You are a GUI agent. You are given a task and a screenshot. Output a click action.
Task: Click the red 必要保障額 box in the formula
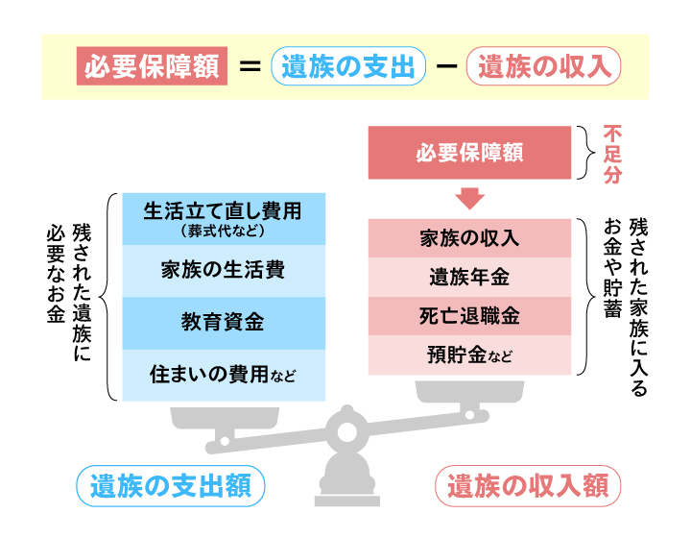pos(152,66)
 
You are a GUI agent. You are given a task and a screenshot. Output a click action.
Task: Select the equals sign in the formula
pos(250,66)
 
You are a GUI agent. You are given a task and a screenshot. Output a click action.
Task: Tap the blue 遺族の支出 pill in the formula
pos(348,66)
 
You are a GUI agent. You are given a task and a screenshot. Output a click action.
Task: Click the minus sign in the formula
pos(446,66)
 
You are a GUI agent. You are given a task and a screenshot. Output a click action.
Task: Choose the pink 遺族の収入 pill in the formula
pos(543,66)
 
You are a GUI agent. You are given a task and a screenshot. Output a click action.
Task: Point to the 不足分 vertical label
pos(612,154)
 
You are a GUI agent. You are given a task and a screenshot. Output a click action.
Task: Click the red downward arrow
pos(469,199)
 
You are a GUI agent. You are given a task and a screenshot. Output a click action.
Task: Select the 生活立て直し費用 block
pos(224,219)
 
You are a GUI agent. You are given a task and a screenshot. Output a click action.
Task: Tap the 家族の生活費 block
pos(224,271)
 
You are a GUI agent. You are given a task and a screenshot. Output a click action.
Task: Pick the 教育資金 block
pos(224,323)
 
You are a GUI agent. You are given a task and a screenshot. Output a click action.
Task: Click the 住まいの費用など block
pos(224,376)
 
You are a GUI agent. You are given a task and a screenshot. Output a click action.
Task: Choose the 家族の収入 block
pos(469,238)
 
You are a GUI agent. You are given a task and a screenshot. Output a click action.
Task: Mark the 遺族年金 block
pos(469,277)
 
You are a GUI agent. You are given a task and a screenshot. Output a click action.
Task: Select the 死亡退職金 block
pos(469,316)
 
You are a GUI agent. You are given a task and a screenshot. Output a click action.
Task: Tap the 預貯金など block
pos(469,355)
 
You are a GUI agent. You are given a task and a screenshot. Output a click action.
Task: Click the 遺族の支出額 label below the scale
pos(171,485)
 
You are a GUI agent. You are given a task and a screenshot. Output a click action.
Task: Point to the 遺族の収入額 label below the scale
pos(528,485)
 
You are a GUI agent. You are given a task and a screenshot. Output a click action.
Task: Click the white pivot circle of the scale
pos(346,432)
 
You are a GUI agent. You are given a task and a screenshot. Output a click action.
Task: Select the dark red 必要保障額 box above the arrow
pos(469,153)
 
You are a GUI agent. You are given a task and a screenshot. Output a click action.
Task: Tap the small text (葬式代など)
pos(223,231)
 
